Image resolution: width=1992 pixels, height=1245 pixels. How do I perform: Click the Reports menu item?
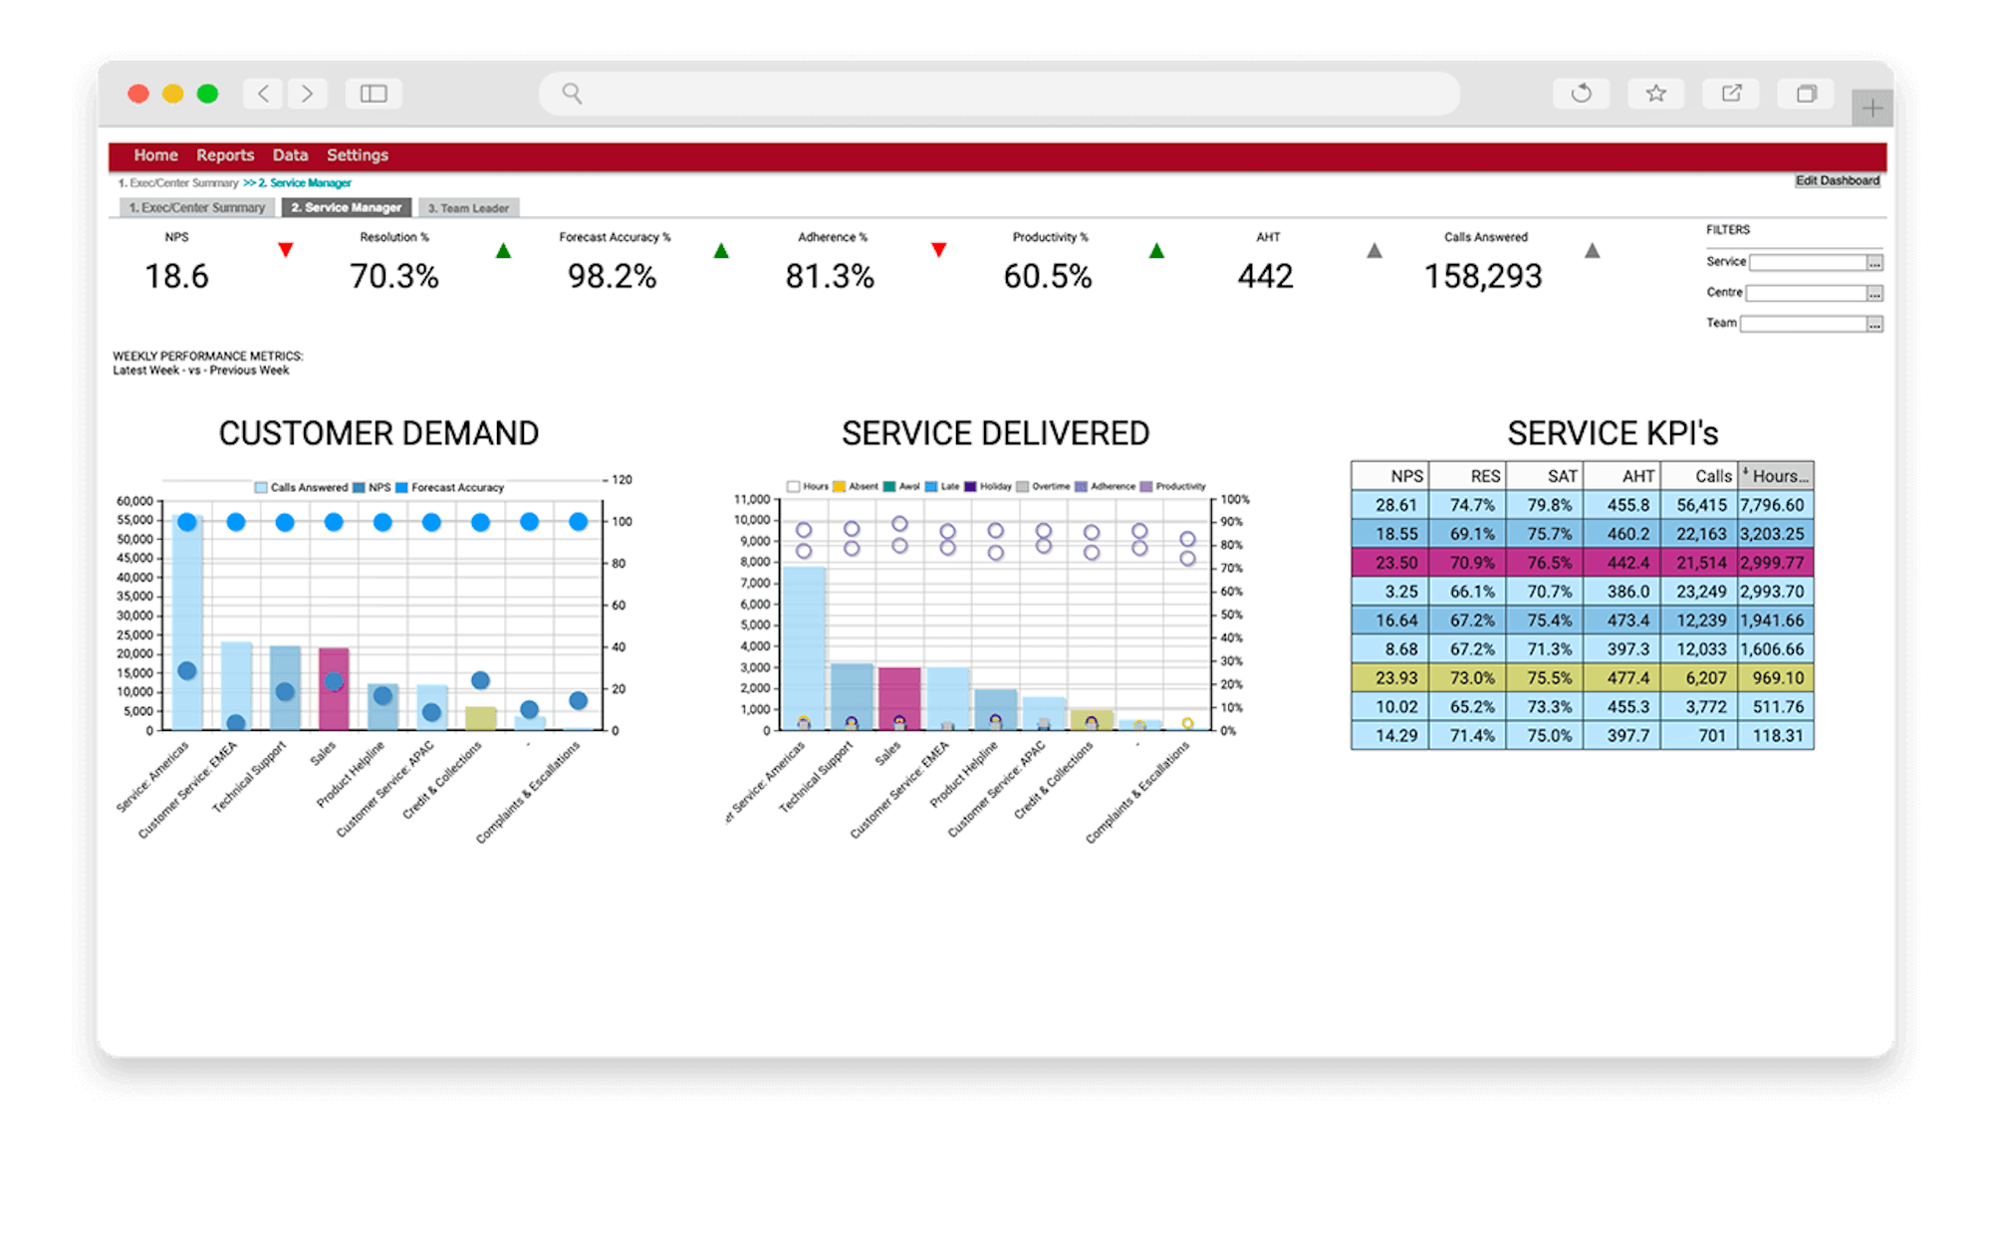click(225, 155)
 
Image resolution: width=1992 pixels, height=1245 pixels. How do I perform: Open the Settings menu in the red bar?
click(358, 155)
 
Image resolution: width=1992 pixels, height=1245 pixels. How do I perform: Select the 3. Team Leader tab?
click(468, 208)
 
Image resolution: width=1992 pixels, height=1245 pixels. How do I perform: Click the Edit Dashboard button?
click(1837, 181)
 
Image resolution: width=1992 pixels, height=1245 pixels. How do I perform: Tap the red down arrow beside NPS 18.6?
click(286, 250)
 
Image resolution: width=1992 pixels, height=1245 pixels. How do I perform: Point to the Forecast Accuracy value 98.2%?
click(612, 276)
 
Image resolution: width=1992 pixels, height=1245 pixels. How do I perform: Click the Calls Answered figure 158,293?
click(1483, 276)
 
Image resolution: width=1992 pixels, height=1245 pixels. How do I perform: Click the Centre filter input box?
click(1806, 293)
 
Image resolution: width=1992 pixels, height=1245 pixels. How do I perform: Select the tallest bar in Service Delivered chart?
click(804, 647)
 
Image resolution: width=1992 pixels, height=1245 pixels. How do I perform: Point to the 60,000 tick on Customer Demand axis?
click(135, 501)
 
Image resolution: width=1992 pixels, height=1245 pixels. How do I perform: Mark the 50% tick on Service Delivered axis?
click(1232, 615)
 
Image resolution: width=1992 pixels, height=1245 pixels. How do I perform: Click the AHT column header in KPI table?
click(1622, 476)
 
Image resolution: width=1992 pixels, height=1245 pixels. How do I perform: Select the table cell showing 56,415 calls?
click(1700, 505)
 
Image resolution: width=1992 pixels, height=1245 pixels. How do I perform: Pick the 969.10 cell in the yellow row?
click(1777, 678)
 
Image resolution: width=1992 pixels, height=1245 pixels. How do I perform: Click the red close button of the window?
click(138, 94)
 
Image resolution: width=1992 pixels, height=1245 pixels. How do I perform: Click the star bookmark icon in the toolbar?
click(1655, 94)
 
